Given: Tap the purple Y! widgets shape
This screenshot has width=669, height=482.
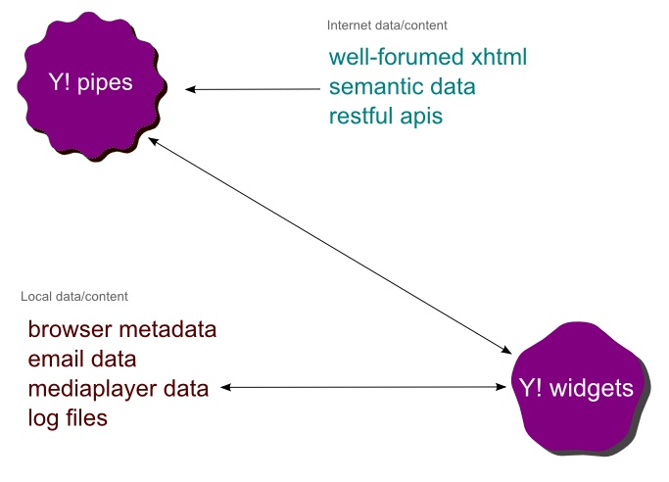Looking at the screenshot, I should tap(576, 389).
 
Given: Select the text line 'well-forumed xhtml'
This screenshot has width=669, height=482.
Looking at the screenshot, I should tap(428, 58).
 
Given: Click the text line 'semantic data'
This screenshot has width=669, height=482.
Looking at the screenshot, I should tap(403, 87).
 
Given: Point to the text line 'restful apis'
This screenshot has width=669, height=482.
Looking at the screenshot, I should tap(386, 117).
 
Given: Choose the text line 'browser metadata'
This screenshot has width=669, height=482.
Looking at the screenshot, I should tap(122, 328).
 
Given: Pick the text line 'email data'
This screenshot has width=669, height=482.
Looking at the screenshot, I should tap(81, 359).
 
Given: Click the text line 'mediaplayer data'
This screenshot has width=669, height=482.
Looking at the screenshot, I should tap(119, 389).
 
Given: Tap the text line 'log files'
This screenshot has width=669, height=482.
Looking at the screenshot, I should tap(68, 418).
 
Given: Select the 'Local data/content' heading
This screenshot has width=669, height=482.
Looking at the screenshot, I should tap(74, 296).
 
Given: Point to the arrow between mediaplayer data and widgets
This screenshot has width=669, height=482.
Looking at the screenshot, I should tap(365, 388).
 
